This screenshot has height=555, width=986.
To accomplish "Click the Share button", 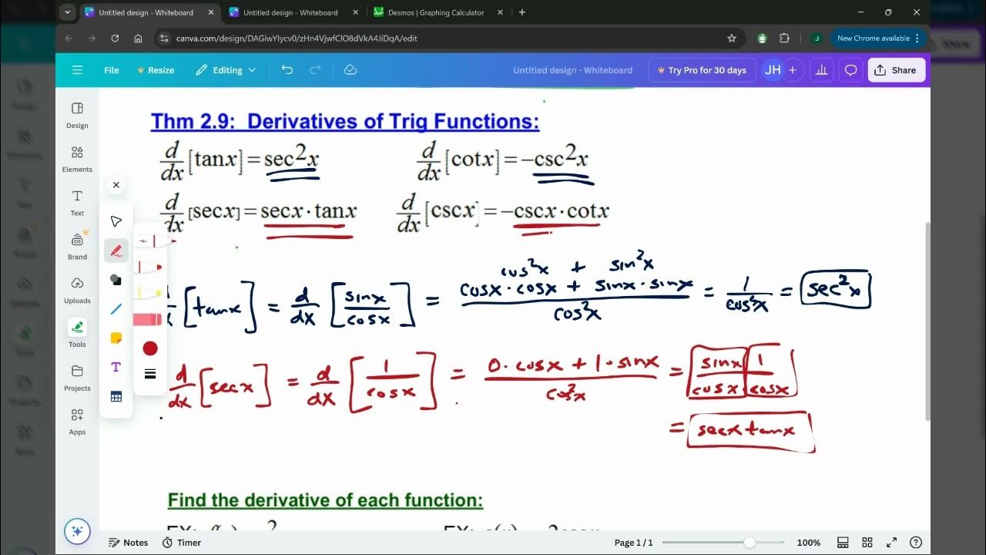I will click(896, 70).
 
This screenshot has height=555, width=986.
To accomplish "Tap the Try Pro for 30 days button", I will click(701, 70).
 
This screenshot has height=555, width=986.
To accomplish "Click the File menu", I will click(112, 70).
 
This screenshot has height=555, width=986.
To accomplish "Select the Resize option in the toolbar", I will click(156, 70).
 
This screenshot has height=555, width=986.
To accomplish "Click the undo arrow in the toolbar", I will click(287, 70).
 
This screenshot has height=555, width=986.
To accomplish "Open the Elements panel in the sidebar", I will click(77, 158).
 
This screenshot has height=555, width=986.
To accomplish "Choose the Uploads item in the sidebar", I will click(77, 289).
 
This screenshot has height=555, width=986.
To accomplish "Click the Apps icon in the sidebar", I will click(77, 420).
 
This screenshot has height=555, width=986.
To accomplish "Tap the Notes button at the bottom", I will click(128, 543).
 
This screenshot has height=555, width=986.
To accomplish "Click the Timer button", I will click(182, 543).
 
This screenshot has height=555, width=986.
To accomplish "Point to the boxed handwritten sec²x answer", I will click(835, 290).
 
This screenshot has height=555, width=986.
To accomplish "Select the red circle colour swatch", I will click(150, 348).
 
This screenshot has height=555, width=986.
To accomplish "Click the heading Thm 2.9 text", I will click(345, 122).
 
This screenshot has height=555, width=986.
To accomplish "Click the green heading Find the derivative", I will click(325, 500).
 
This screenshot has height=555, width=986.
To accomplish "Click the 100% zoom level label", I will click(808, 543).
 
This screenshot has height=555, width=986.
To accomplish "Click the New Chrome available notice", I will click(873, 38).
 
